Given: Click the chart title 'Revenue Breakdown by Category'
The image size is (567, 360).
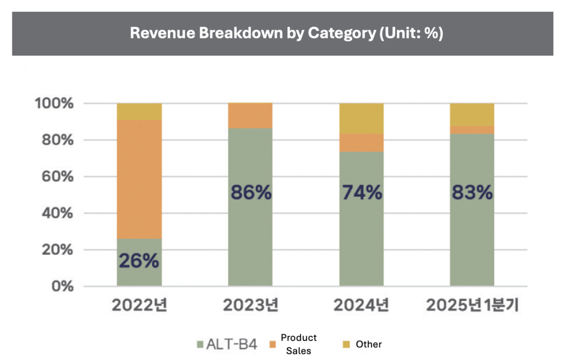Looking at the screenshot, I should (x=286, y=33).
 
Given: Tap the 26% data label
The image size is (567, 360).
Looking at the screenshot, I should (x=139, y=261).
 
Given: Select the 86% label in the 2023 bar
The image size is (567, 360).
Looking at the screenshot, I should (x=250, y=192).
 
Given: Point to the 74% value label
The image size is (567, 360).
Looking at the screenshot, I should (x=361, y=192).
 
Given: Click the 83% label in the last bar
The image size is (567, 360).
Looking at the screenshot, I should (x=472, y=192).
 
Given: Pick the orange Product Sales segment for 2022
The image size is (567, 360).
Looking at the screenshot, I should (x=139, y=179).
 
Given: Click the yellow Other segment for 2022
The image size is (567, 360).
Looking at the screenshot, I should (x=139, y=112).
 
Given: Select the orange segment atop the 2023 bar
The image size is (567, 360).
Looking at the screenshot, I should (x=250, y=116).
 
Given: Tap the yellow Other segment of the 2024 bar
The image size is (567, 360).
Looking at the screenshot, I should (x=361, y=118).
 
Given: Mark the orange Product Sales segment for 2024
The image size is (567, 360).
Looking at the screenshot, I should (x=361, y=142).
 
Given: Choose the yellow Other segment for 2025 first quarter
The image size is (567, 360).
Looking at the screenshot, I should (x=472, y=114).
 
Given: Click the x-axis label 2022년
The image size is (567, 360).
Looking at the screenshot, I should (x=139, y=306).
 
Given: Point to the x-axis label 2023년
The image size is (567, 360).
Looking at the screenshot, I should (x=250, y=306).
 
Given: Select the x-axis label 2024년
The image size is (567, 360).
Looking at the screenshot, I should (x=361, y=306).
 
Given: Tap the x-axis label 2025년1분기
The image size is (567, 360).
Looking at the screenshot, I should (x=472, y=306).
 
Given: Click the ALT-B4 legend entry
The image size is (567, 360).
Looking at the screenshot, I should (x=227, y=344).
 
